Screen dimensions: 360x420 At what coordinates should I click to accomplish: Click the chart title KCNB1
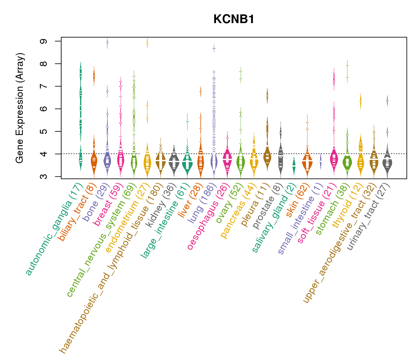(x=234, y=19)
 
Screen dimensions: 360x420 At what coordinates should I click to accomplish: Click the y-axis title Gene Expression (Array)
(x=20, y=108)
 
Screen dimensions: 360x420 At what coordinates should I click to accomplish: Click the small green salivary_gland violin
(x=294, y=166)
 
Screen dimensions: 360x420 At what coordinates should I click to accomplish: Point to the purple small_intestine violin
(x=321, y=161)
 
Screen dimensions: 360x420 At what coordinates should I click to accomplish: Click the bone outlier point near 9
(x=107, y=43)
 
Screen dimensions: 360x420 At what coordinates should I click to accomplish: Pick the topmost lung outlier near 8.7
(x=214, y=48)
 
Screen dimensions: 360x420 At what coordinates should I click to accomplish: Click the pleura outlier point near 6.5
(x=267, y=96)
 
